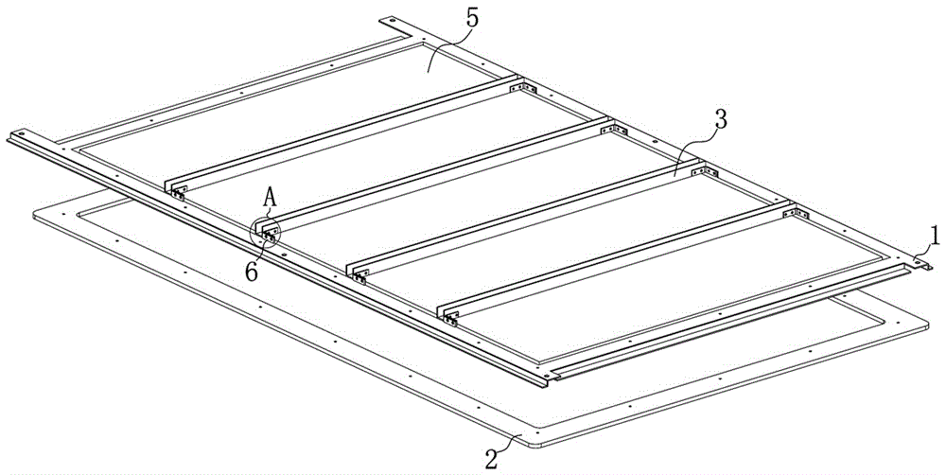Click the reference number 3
tap(719, 120)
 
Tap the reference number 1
tap(934, 236)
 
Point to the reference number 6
tap(252, 272)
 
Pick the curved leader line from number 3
tap(694, 150)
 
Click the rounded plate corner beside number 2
tap(531, 444)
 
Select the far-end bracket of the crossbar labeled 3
tap(704, 172)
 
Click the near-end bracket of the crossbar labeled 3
tap(359, 277)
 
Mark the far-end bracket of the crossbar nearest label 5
tap(522, 88)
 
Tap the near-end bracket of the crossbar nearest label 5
tap(178, 193)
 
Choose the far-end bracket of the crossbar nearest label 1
tap(796, 213)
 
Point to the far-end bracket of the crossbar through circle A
tap(614, 130)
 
